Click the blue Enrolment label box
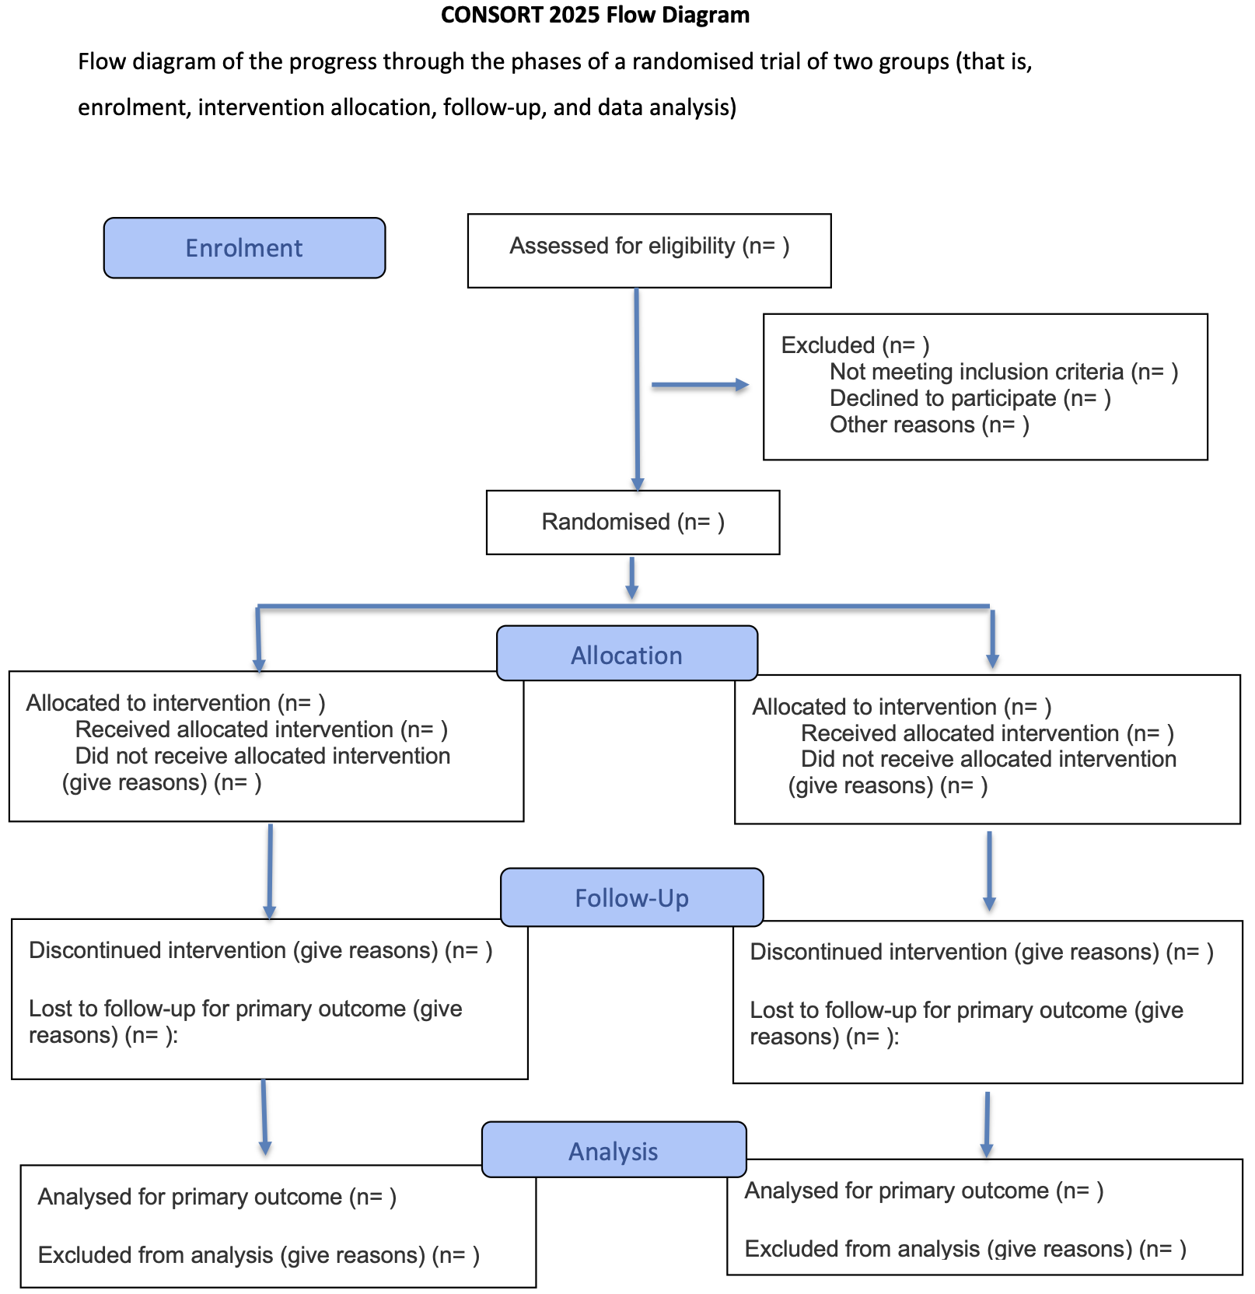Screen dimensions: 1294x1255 pyautogui.click(x=244, y=248)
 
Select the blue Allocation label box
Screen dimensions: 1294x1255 pyautogui.click(x=627, y=654)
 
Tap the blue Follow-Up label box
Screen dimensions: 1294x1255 pyautogui.click(x=631, y=897)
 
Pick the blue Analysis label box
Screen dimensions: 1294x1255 pyautogui.click(x=614, y=1150)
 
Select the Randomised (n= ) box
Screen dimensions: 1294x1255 pyautogui.click(x=632, y=522)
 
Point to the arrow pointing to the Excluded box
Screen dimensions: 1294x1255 pyautogui.click(x=699, y=385)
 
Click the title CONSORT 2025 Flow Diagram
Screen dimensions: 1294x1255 pyautogui.click(x=595, y=15)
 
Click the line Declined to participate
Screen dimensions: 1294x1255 pyautogui.click(x=970, y=398)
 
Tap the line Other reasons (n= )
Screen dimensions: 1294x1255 pyautogui.click(x=929, y=425)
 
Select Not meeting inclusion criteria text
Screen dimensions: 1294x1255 pyautogui.click(x=1003, y=372)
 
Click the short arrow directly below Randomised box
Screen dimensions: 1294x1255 pyautogui.click(x=632, y=578)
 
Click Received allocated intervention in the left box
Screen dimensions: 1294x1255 pyautogui.click(x=261, y=729)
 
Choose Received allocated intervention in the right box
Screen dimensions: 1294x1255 pyautogui.click(x=987, y=733)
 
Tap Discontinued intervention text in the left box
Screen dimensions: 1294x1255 pyautogui.click(x=260, y=950)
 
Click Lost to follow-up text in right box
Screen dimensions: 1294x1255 pyautogui.click(x=966, y=1023)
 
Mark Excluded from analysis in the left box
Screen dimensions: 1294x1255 pyautogui.click(x=258, y=1254)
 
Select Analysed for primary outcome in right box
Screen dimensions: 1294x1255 pyautogui.click(x=923, y=1191)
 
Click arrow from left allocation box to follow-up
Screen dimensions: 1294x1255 pyautogui.click(x=270, y=871)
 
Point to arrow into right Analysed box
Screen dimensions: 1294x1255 pyautogui.click(x=987, y=1124)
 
